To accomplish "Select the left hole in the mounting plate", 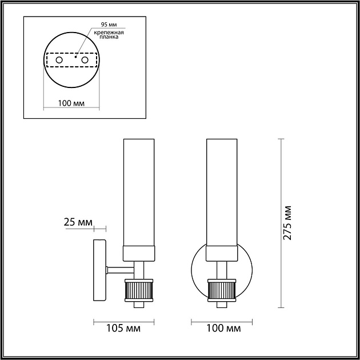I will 59,60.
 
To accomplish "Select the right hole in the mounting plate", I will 85,60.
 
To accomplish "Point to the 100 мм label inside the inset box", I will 72,103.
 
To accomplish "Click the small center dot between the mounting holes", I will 75,57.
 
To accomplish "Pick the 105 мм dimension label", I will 123,329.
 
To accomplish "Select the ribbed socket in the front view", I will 222,290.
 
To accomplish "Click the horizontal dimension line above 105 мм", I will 123,321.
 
